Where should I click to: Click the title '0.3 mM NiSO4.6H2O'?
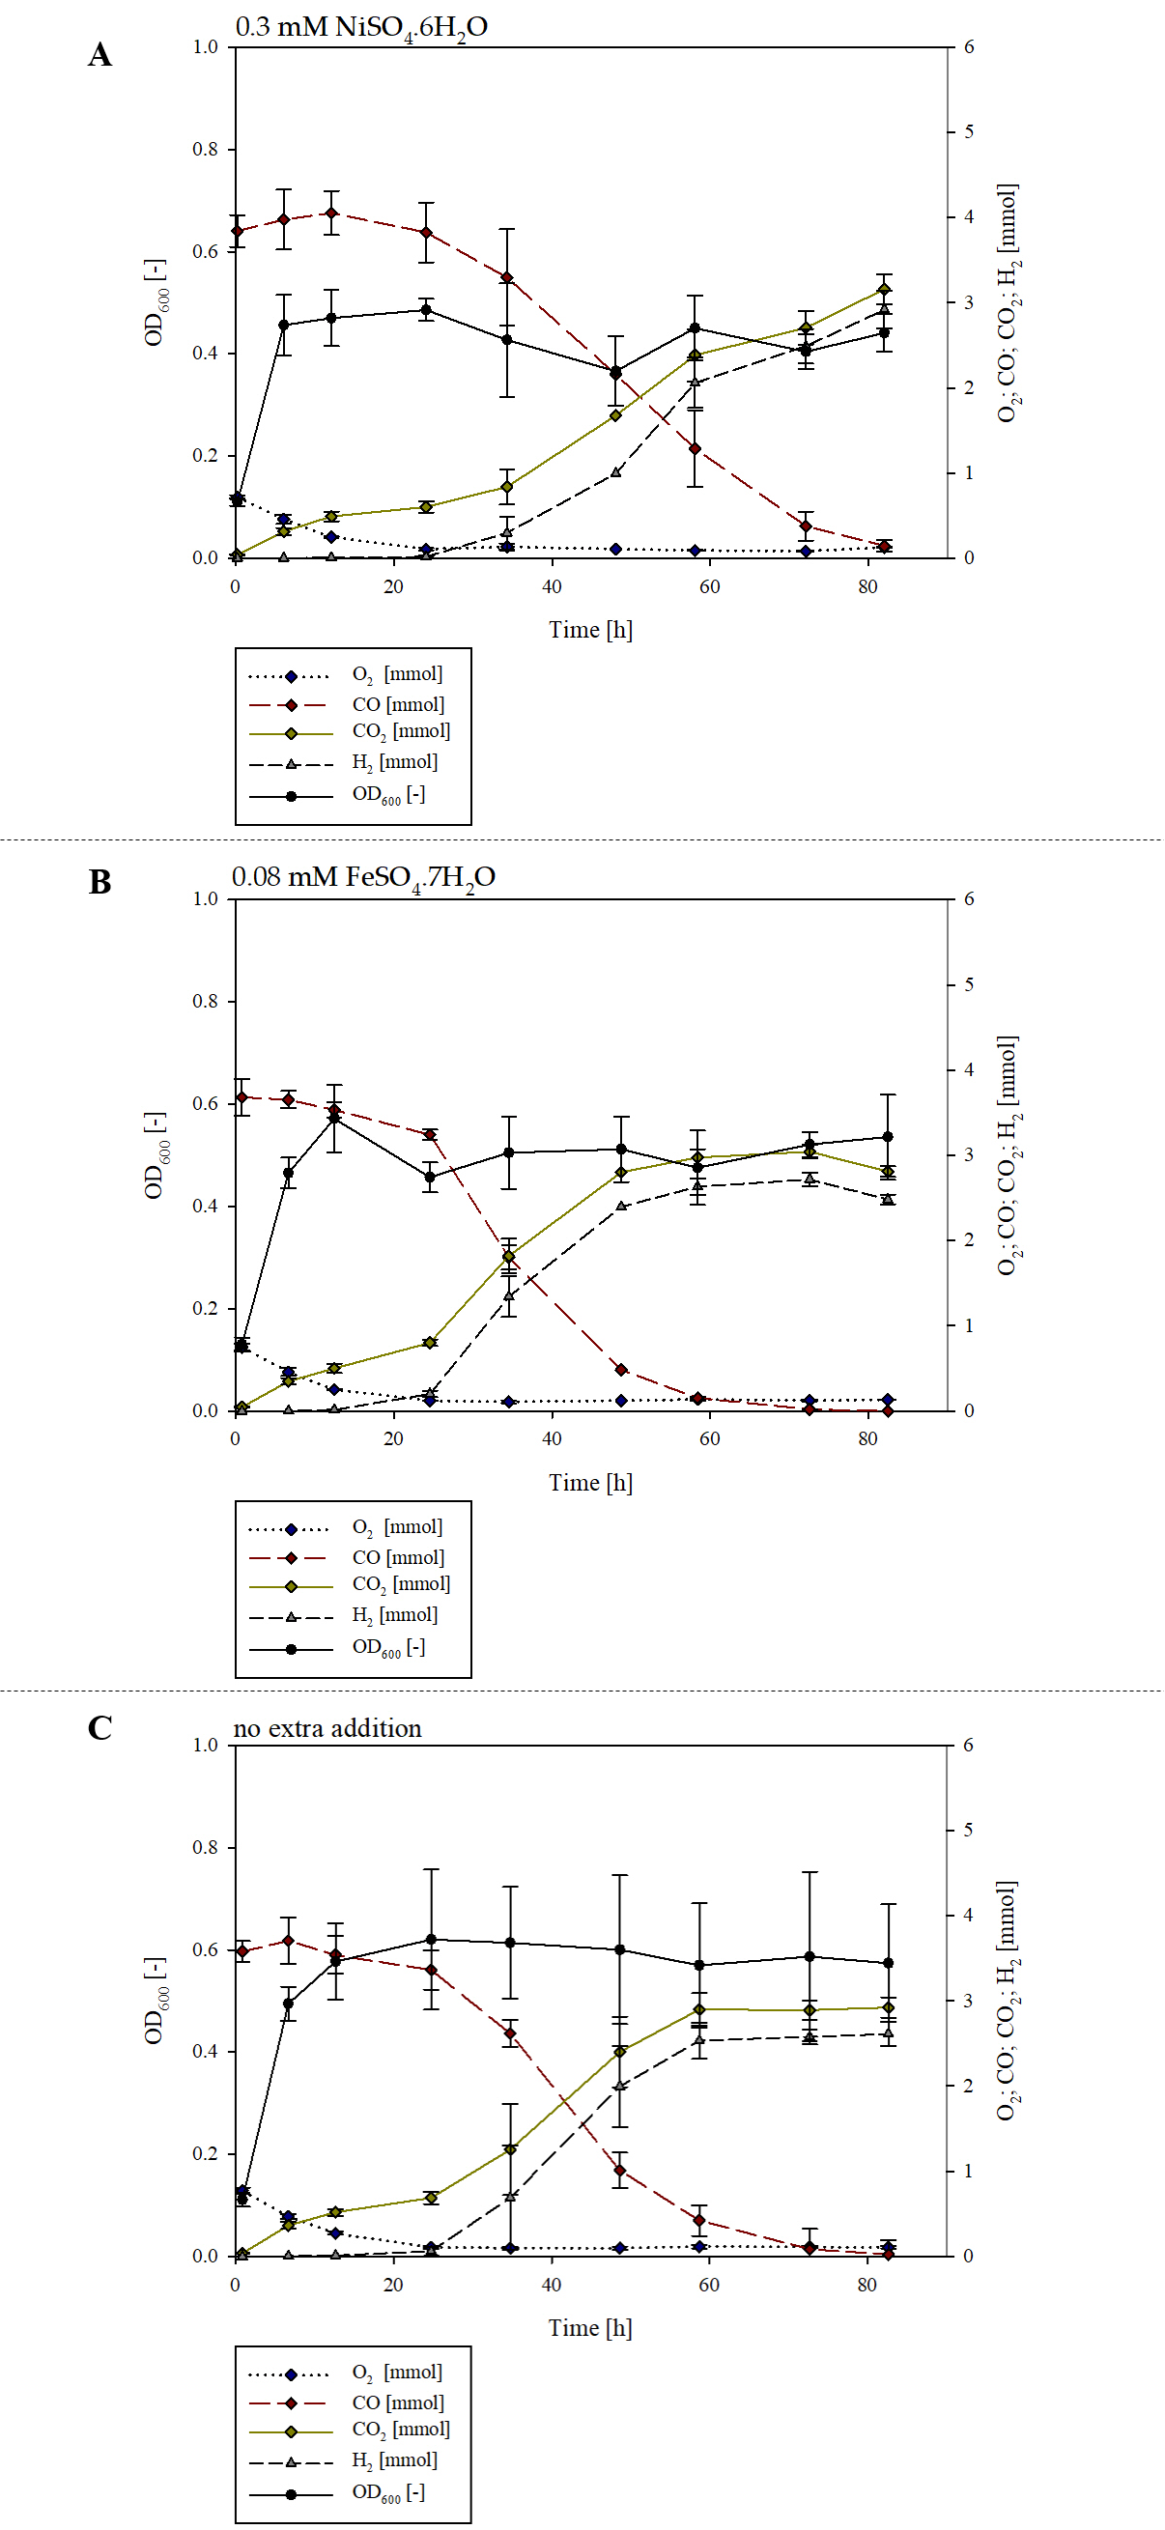tap(360, 27)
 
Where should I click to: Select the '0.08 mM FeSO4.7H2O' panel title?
tap(362, 877)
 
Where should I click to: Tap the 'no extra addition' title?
tap(327, 1727)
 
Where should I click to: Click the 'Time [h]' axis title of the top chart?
tap(590, 630)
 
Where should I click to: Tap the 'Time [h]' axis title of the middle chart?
tap(590, 1482)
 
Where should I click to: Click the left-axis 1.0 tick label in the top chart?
tap(206, 47)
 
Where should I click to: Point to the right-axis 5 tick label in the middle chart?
tap(969, 984)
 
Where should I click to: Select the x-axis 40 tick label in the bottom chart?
tap(551, 2285)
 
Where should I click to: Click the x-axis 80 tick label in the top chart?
tap(867, 586)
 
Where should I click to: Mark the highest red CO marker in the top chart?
tap(332, 213)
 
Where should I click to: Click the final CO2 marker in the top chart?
tap(884, 289)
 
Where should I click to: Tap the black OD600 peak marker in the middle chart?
tap(335, 1118)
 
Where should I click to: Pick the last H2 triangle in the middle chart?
tap(888, 1199)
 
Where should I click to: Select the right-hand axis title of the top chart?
tap(1009, 302)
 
